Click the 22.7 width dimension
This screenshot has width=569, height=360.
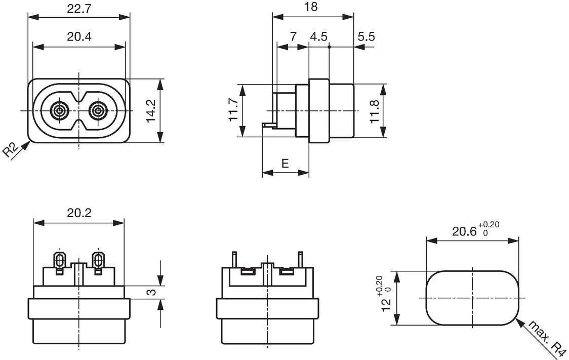click(x=79, y=9)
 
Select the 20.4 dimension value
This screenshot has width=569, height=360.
click(x=79, y=36)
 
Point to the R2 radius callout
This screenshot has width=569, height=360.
click(x=11, y=149)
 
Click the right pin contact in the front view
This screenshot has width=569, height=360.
click(x=97, y=110)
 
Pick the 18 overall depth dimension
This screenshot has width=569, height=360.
click(x=311, y=7)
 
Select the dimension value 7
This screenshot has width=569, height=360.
click(x=293, y=36)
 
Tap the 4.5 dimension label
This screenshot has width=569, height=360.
click(x=318, y=36)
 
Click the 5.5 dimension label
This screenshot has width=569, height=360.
click(x=366, y=36)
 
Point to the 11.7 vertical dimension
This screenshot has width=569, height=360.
click(x=233, y=110)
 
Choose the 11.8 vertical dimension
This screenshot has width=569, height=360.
click(x=375, y=111)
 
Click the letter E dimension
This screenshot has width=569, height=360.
click(x=285, y=164)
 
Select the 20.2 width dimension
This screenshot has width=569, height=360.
click(x=79, y=213)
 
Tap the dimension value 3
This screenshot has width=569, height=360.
click(x=152, y=292)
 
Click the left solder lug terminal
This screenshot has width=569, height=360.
click(x=59, y=261)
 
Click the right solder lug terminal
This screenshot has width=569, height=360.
click(x=98, y=261)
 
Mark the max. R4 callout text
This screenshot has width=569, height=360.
click(x=547, y=338)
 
